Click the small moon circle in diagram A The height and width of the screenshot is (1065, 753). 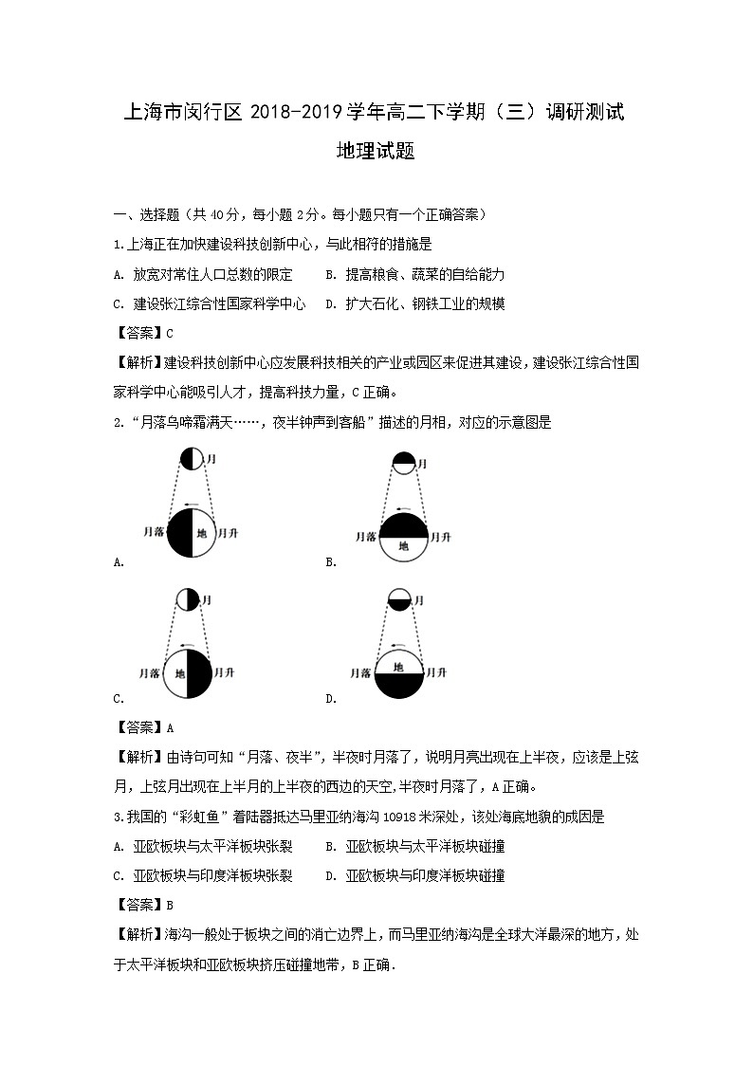click(192, 459)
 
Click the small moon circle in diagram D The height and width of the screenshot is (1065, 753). click(400, 602)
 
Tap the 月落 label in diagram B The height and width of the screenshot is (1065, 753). click(366, 537)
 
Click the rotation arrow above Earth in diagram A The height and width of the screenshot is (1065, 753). click(193, 505)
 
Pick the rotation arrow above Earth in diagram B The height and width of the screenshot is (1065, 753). click(404, 508)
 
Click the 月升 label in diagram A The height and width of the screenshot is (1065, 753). click(228, 533)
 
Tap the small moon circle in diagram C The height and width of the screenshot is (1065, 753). click(188, 600)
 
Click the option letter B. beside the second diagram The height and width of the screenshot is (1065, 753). click(331, 561)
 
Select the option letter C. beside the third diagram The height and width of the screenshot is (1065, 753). click(119, 699)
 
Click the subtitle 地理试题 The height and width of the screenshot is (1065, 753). click(376, 151)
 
